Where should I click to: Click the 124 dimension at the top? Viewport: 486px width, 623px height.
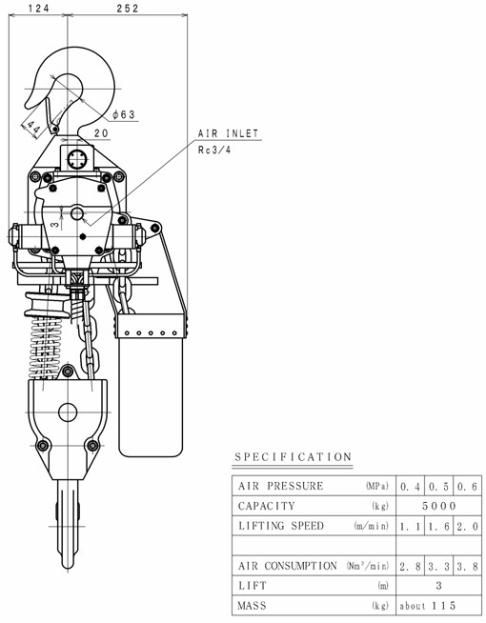[x=38, y=8]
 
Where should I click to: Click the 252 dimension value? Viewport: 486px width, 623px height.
[x=128, y=8]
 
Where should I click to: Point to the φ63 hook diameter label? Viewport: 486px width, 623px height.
[x=124, y=115]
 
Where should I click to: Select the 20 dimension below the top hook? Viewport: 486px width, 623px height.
[x=101, y=133]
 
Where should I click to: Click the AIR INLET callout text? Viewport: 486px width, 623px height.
[x=229, y=133]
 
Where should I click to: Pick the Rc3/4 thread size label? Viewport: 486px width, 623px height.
[x=214, y=150]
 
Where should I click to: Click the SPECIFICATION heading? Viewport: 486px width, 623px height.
[x=293, y=457]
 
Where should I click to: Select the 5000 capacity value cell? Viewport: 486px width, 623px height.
[x=439, y=506]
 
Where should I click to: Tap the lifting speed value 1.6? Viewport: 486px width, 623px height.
[x=438, y=527]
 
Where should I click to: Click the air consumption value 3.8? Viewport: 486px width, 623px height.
[x=467, y=566]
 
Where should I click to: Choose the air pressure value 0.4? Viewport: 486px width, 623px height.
[x=410, y=487]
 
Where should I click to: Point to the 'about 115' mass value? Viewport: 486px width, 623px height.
[x=428, y=606]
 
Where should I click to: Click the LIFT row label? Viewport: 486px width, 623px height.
[x=253, y=586]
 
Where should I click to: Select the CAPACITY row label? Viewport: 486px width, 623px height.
[x=267, y=506]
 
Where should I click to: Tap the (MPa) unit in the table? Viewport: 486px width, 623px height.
[x=376, y=486]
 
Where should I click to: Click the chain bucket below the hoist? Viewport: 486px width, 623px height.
[x=151, y=383]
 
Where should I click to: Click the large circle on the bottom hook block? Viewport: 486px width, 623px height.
[x=68, y=412]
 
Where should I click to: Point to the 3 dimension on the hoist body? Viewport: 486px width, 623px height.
[x=56, y=224]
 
